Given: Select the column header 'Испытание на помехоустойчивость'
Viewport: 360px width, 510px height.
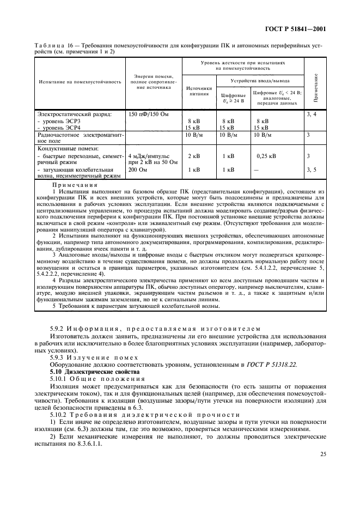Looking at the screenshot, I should point(80,81).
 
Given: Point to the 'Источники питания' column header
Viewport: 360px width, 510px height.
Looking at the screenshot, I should point(199,90).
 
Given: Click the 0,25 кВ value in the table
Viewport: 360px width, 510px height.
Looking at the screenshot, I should point(266,156).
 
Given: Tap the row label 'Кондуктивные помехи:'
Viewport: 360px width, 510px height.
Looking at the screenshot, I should point(66,148).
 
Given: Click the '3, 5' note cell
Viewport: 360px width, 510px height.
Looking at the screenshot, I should point(312,169).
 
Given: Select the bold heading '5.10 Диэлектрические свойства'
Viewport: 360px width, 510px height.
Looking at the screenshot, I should point(90,371).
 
